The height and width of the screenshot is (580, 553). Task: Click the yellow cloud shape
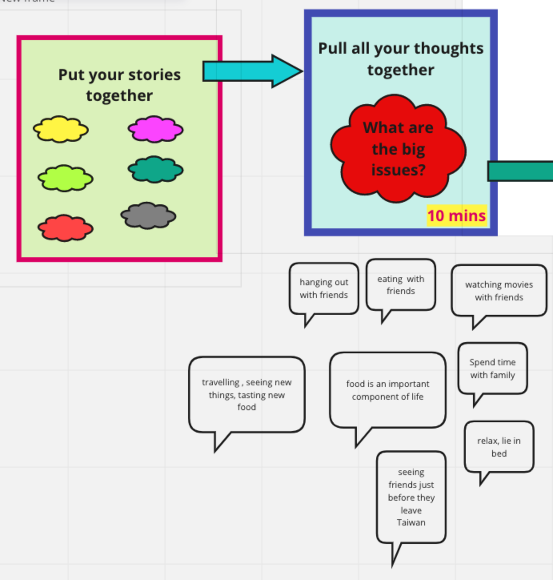click(x=61, y=129)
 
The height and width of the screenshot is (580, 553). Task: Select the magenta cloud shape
click(x=155, y=129)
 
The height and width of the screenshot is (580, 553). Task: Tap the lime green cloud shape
click(x=65, y=178)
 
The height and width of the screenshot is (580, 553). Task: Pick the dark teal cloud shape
click(x=155, y=169)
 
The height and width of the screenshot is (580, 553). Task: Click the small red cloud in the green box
click(x=65, y=228)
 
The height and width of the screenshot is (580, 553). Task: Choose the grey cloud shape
click(x=148, y=215)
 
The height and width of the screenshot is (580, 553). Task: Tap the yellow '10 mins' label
click(x=457, y=215)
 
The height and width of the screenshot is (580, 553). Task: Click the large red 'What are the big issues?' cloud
click(x=398, y=149)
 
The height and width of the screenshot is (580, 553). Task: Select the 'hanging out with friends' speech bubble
click(x=324, y=288)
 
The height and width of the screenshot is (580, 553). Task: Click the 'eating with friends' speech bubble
click(x=401, y=285)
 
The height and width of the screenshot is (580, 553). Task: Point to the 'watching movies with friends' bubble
click(x=499, y=291)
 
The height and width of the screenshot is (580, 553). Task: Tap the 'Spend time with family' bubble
click(x=493, y=369)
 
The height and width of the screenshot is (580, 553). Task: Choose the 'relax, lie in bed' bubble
click(x=499, y=447)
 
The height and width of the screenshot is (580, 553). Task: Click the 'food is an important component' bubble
click(x=387, y=390)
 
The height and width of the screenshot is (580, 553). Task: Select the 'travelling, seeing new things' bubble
click(x=246, y=395)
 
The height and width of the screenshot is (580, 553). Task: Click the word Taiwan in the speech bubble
click(x=411, y=522)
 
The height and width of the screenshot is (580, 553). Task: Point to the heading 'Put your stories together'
click(x=119, y=85)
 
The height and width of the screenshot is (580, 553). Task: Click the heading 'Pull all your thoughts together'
click(x=401, y=59)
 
